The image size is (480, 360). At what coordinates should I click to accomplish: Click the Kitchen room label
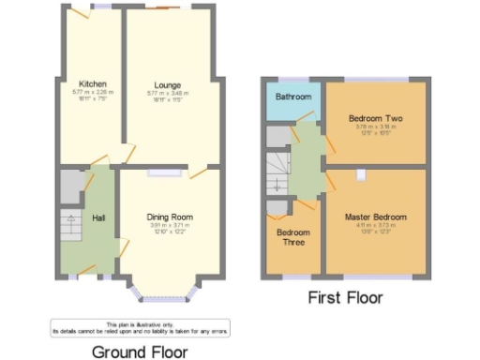[92, 83]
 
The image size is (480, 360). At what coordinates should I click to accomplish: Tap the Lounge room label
[168, 85]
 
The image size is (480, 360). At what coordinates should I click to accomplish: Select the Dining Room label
[170, 217]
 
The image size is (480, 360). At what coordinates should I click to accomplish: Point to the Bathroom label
[292, 97]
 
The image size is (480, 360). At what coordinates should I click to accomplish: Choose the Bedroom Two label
[374, 119]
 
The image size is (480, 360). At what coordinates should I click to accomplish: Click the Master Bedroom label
[375, 217]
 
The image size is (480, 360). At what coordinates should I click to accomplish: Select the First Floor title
[345, 297]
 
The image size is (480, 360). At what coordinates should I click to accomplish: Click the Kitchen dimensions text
[92, 95]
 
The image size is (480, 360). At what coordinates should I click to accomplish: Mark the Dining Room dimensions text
[170, 228]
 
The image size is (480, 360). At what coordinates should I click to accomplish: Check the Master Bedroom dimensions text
[375, 227]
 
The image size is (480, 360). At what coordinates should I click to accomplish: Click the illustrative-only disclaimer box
[140, 327]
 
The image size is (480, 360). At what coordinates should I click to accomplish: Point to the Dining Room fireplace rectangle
[163, 173]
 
